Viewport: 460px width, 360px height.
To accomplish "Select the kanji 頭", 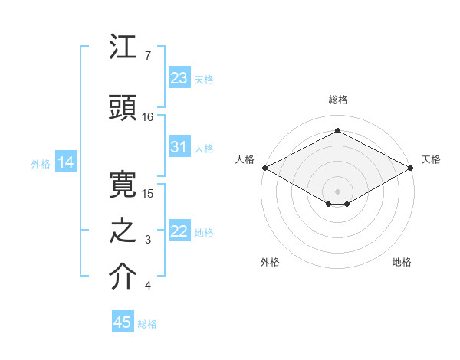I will click(x=122, y=108).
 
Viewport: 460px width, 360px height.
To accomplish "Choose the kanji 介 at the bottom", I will click(x=122, y=278).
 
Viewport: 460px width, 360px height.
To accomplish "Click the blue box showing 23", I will click(x=179, y=78).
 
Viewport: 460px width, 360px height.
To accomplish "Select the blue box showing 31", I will click(x=179, y=148).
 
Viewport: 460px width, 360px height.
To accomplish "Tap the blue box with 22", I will click(x=179, y=231).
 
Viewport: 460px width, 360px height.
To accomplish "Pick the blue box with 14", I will click(x=66, y=162).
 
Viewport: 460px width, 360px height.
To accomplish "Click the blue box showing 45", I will click(x=123, y=322).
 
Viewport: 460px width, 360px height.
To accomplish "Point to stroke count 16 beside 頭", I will click(x=148, y=117).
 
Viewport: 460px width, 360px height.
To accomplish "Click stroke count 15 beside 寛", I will click(x=148, y=193).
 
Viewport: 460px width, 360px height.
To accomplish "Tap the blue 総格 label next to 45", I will click(x=147, y=324).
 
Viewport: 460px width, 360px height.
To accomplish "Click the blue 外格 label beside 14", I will click(x=41, y=163).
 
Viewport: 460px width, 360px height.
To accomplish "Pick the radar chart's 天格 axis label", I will click(x=431, y=159).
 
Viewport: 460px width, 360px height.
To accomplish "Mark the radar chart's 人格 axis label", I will click(x=245, y=159).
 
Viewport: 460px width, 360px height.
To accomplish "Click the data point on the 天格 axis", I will click(x=412, y=167).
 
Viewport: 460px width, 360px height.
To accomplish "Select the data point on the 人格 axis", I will click(x=264, y=167).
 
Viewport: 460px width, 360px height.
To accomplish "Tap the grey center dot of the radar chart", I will click(x=338, y=191).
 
